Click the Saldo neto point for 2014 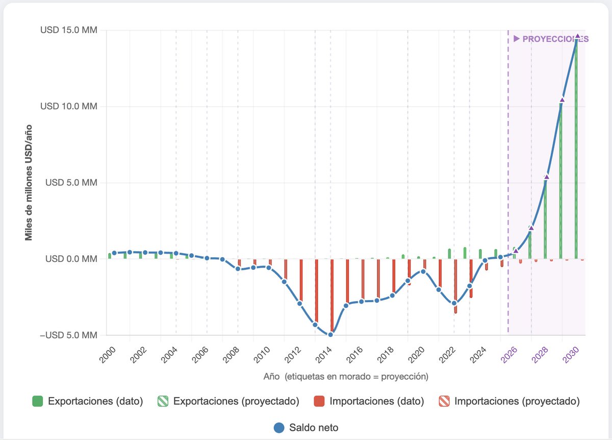pos(330,334)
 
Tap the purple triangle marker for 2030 pos(577,37)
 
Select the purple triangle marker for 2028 pos(547,177)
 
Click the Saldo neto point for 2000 pos(114,253)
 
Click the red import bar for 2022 pos(455,286)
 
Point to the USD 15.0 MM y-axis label pos(69,30)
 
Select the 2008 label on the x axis pos(231,352)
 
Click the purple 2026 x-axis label pos(508,352)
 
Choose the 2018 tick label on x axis pos(386,352)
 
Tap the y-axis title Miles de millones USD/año pos(29,182)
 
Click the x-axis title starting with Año pos(346,377)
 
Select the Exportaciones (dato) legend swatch pos(37,401)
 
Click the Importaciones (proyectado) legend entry pos(510,401)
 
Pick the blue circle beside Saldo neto pos(278,427)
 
